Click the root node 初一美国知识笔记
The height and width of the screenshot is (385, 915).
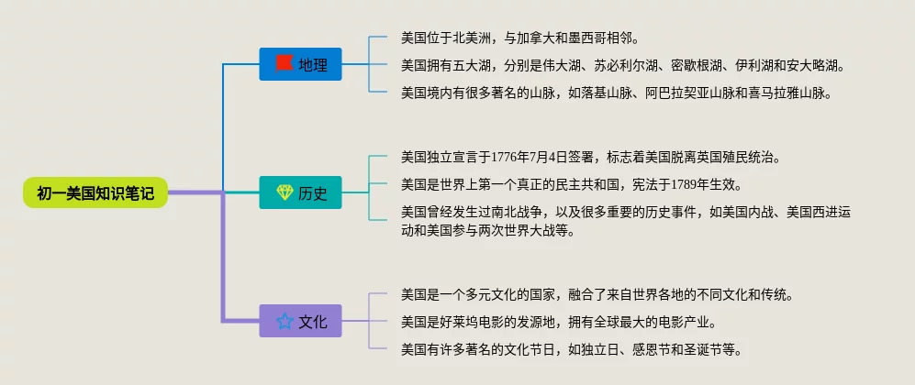95,192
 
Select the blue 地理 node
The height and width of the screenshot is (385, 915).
300,64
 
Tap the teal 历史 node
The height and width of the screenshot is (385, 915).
300,192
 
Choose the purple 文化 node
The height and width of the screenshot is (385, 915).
300,321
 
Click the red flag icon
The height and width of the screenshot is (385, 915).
285,63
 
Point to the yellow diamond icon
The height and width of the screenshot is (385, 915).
285,192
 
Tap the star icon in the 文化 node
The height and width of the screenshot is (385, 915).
285,321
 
